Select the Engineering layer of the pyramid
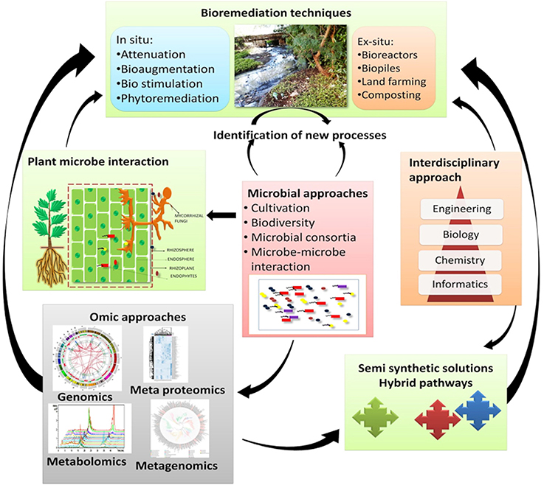(x=461, y=209)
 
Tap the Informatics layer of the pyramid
(x=461, y=284)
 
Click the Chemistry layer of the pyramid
(x=461, y=259)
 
